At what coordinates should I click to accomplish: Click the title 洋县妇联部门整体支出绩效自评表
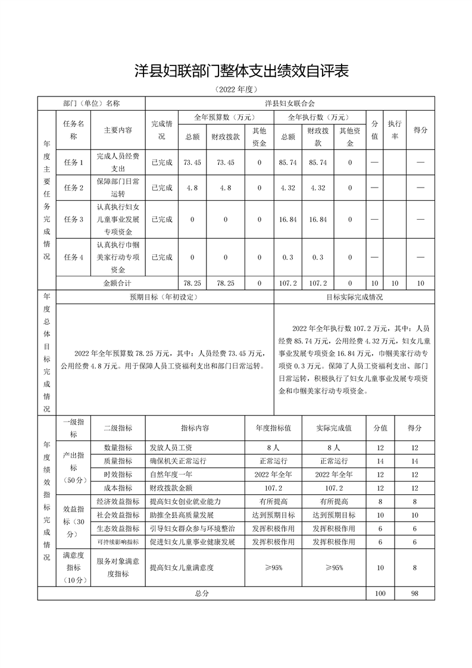pos(240,71)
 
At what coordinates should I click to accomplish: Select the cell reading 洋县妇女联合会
pos(290,103)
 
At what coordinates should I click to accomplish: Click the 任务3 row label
pos(73,219)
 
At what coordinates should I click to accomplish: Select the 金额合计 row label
pos(118,283)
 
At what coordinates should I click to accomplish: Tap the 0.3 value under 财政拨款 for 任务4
pos(318,257)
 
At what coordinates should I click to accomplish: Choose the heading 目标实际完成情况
pos(355,297)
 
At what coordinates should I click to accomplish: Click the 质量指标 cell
pos(118,461)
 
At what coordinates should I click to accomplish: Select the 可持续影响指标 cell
pos(118,542)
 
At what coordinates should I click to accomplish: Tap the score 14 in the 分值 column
pos(380,461)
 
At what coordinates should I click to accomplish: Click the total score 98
pos(415,594)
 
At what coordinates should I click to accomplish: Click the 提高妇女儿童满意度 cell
pos(182,567)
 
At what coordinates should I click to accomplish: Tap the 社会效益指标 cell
pos(118,515)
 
